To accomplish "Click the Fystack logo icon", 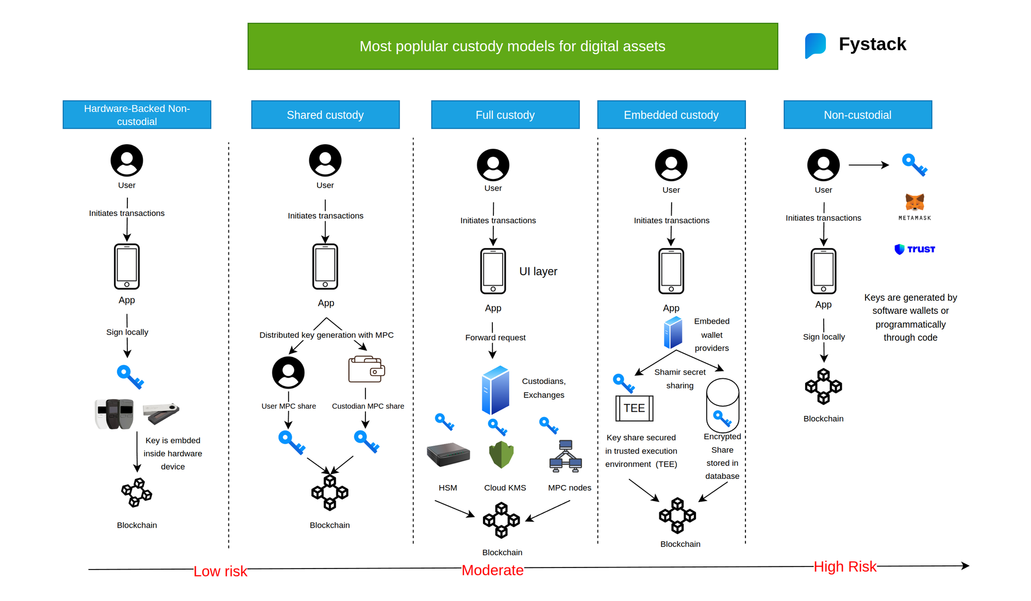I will [815, 45].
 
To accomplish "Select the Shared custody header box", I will [325, 114].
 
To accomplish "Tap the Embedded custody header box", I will [671, 114].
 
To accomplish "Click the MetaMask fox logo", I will [914, 203].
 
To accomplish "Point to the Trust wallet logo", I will [914, 249].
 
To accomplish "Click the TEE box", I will [634, 408].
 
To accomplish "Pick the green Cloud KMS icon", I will [501, 455].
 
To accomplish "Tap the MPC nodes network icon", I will [566, 456].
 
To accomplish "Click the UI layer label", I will [538, 272].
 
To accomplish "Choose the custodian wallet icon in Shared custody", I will [367, 370].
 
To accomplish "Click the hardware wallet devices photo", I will [137, 413].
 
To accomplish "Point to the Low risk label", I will [220, 571].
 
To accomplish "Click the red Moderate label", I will [492, 570].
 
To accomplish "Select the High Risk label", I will [845, 566].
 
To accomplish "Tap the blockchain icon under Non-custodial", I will [823, 387].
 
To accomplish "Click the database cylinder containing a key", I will [723, 406].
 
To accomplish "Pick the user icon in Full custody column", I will [493, 165].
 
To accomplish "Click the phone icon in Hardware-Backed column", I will [127, 266].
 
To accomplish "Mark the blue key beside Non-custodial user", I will [914, 165].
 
